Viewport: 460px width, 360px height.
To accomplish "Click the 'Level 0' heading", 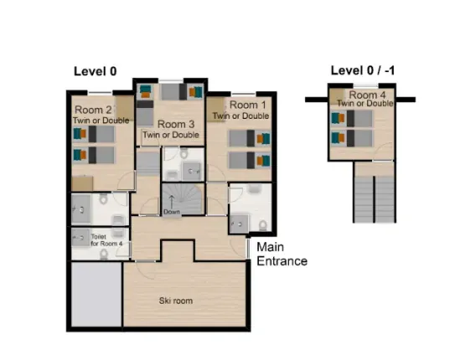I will pyautogui.click(x=96, y=70).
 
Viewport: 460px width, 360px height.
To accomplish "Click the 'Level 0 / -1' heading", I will pyautogui.click(x=362, y=70).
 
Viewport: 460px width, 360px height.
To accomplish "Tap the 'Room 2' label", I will pyautogui.click(x=93, y=110).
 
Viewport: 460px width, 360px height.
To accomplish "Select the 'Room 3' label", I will pyautogui.click(x=170, y=124).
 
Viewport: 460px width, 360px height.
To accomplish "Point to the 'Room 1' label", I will pyautogui.click(x=249, y=105).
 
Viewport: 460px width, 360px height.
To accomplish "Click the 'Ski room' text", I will pyautogui.click(x=177, y=300).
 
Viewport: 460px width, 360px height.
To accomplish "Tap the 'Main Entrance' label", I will pyautogui.click(x=282, y=254).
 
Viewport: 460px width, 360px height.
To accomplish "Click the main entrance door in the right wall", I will pyautogui.click(x=248, y=249).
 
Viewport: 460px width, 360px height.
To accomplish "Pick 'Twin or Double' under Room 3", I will pyautogui.click(x=170, y=134).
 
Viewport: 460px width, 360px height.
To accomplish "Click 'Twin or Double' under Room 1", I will pyautogui.click(x=249, y=116).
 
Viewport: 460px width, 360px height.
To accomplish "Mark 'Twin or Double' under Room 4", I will pyautogui.click(x=364, y=103).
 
